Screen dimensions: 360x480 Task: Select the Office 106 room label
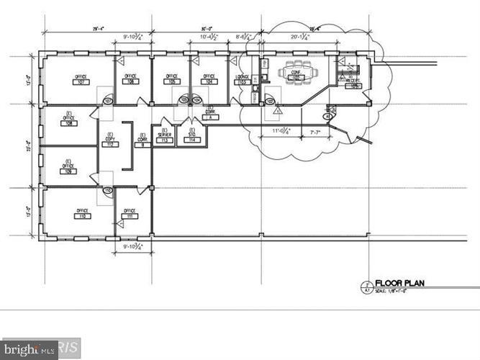[x=130, y=79]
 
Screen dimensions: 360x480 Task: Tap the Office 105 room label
[x=171, y=79]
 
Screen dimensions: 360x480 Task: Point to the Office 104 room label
[x=209, y=79]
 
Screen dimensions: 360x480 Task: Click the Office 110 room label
[x=81, y=214]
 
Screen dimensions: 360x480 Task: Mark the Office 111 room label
[x=130, y=214]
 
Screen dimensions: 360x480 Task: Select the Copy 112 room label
[x=111, y=140]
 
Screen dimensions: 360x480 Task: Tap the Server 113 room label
[x=164, y=138]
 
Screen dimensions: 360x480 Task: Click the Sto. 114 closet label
[x=192, y=137]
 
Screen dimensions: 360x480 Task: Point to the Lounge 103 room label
[x=243, y=80]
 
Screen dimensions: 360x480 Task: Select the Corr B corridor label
[x=142, y=140]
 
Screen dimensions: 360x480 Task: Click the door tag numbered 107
[x=107, y=102]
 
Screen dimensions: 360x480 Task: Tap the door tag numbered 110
[x=107, y=191]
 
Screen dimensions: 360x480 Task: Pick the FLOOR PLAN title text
[x=399, y=284]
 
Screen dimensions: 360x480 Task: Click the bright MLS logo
[x=29, y=349]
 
